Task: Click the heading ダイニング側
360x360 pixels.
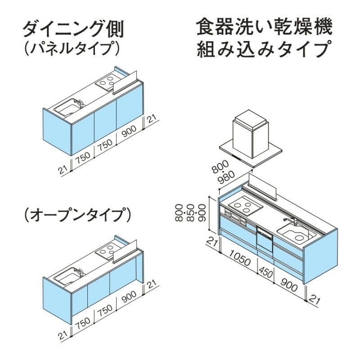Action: [72, 29]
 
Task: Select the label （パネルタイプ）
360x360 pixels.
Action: [71, 49]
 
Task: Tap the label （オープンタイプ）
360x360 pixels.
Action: [77, 216]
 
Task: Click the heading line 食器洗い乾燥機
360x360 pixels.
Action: [265, 28]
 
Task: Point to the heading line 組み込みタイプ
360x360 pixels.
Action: [265, 49]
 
